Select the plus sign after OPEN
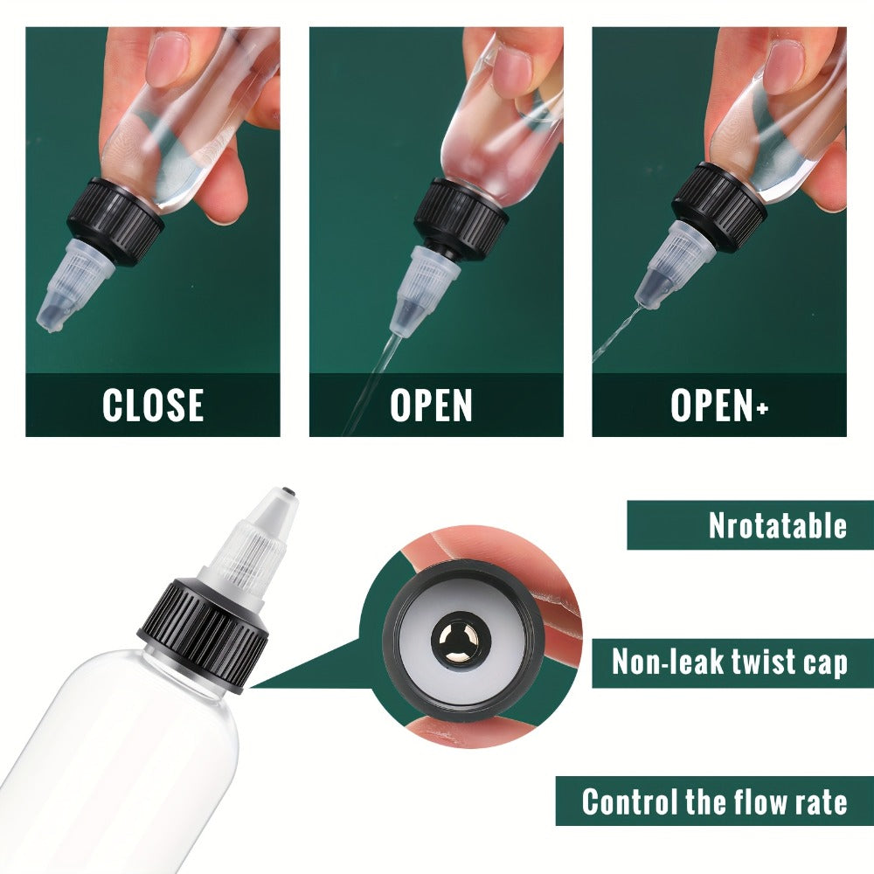click(x=762, y=407)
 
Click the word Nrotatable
click(x=778, y=525)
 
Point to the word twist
click(x=763, y=662)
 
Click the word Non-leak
click(x=667, y=662)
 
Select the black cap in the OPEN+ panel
click(x=719, y=201)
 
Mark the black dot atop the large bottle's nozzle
click(x=288, y=492)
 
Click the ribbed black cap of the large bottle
click(x=203, y=635)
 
